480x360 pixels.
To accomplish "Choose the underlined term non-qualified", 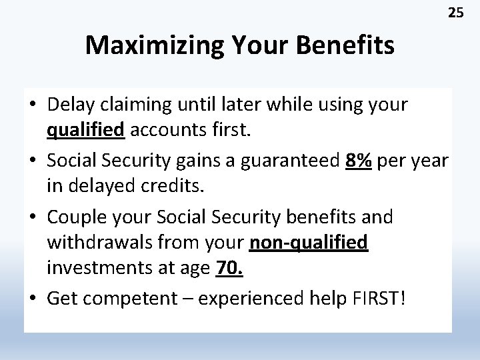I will coord(308,243).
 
